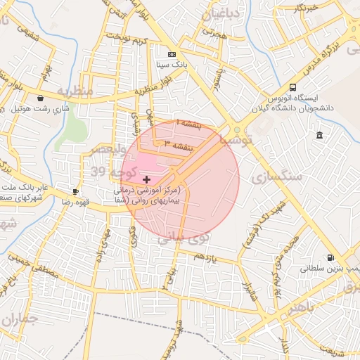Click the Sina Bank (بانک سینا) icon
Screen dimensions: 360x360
tap(172, 54)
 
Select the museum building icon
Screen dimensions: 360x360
tap(320, 135)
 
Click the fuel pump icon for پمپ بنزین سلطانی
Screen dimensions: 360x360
tap(330, 258)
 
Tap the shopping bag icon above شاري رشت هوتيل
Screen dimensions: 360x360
tap(41, 98)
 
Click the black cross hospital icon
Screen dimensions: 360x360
tap(146, 180)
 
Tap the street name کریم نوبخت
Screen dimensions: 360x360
tap(134, 37)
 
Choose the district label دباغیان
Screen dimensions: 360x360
tap(221, 14)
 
